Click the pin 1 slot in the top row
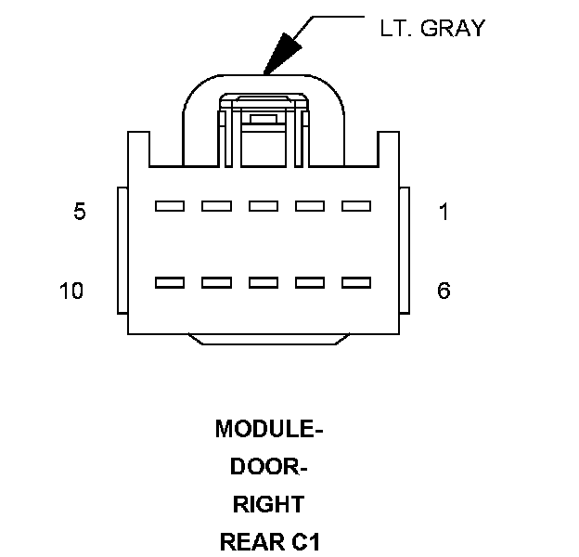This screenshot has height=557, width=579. click(x=356, y=206)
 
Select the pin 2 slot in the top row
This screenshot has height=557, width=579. click(x=310, y=206)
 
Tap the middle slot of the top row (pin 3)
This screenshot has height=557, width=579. click(x=264, y=206)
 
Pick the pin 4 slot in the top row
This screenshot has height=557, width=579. click(x=216, y=206)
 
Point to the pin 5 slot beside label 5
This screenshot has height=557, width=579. click(x=170, y=206)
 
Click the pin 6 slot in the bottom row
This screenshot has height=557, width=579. click(x=356, y=282)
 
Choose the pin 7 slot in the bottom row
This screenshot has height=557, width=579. click(x=310, y=282)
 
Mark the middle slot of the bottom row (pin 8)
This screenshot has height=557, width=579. click(x=264, y=282)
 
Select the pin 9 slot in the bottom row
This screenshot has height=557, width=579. click(x=216, y=282)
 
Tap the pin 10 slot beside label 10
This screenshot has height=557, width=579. click(x=170, y=282)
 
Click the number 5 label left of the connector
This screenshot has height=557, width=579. click(x=80, y=213)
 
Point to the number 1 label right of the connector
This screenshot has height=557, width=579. click(x=444, y=213)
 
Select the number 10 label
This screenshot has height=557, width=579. click(x=71, y=291)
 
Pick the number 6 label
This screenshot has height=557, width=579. click(x=444, y=291)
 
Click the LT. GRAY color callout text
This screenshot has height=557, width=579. click(x=432, y=28)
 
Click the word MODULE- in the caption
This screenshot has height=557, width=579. click(x=269, y=430)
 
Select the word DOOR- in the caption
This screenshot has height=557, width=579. click(x=269, y=468)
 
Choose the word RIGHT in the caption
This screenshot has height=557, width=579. click(x=268, y=505)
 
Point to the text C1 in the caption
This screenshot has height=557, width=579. click(x=306, y=542)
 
